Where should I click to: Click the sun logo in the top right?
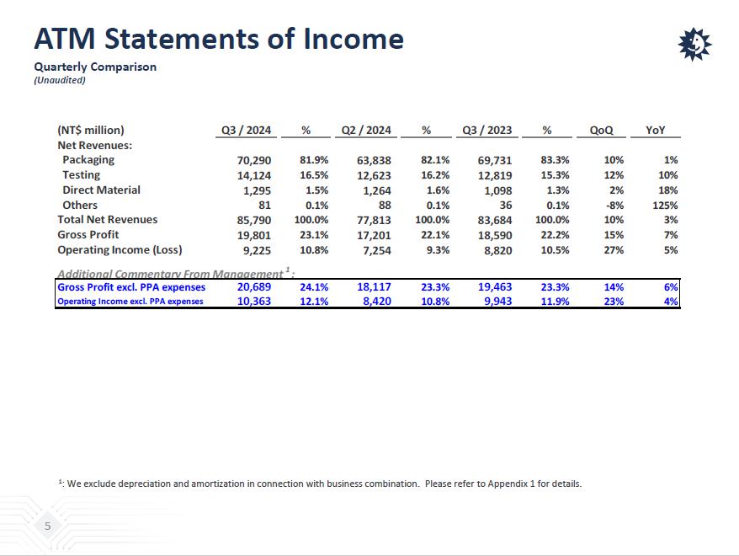[694, 44]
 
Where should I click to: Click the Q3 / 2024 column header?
[246, 131]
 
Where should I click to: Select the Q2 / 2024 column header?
[366, 131]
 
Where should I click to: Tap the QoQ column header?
[601, 131]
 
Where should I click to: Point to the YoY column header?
[656, 131]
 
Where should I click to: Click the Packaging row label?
[88, 160]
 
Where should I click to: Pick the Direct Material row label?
[101, 190]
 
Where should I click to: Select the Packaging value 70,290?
[254, 160]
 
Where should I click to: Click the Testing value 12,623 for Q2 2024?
[374, 175]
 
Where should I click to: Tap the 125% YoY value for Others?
[665, 206]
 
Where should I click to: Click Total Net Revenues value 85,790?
[254, 220]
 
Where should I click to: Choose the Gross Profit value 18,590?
[495, 235]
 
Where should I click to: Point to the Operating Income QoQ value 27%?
[614, 250]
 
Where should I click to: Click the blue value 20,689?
[254, 287]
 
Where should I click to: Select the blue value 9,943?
[495, 301]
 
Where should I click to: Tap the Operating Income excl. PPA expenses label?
[130, 302]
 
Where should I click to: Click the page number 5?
[48, 527]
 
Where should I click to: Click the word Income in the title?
[354, 39]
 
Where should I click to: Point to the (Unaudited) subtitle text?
[60, 80]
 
